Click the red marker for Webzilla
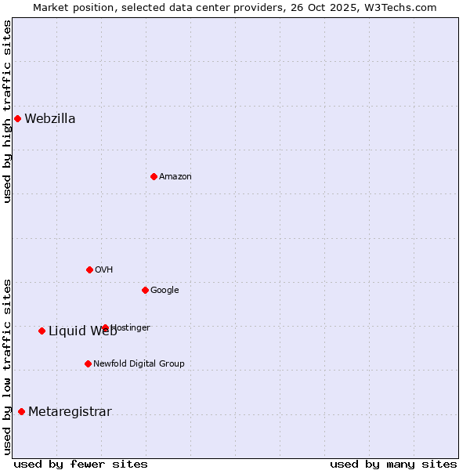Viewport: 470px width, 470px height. pyautogui.click(x=17, y=118)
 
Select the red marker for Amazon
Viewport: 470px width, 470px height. pyautogui.click(x=154, y=176)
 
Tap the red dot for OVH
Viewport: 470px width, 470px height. pyautogui.click(x=89, y=269)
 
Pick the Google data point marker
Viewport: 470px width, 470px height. pyautogui.click(x=145, y=290)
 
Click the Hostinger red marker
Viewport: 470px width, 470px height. pyautogui.click(x=105, y=327)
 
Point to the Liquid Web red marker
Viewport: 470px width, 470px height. pyautogui.click(x=42, y=331)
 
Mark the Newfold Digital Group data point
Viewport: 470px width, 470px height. pyautogui.click(x=88, y=363)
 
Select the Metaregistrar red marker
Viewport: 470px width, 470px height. pyautogui.click(x=21, y=411)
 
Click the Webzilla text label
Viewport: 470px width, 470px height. pyautogui.click(x=50, y=119)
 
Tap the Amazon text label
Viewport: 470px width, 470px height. pyautogui.click(x=175, y=177)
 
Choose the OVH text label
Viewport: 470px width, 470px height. pyautogui.click(x=104, y=270)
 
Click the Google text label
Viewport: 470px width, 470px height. pyautogui.click(x=164, y=291)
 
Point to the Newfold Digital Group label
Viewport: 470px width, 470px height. pyautogui.click(x=139, y=364)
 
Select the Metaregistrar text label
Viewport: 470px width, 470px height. pyautogui.click(x=70, y=412)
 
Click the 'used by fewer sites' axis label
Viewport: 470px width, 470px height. pyautogui.click(x=81, y=464)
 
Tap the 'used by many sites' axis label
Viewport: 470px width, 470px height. pyautogui.click(x=393, y=464)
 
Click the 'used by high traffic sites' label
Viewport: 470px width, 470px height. pyautogui.click(x=7, y=111)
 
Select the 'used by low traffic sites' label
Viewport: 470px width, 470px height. pyautogui.click(x=7, y=367)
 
